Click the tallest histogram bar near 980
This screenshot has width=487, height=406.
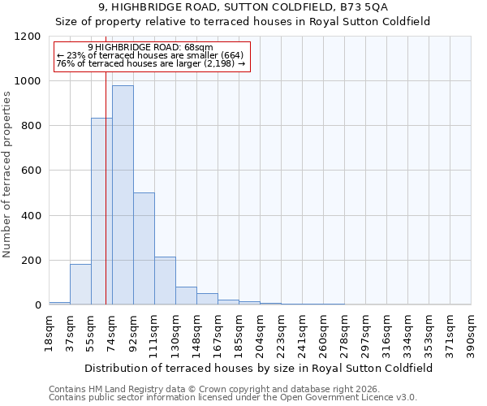(123, 195)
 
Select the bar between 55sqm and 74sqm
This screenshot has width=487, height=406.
(101, 211)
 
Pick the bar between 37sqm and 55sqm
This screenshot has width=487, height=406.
(80, 284)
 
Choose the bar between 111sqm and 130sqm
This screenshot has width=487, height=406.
(165, 281)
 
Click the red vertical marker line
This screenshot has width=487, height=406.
(106, 162)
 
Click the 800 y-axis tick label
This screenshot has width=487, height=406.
(30, 126)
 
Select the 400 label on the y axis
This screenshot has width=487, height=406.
(30, 216)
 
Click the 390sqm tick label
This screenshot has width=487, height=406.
(472, 332)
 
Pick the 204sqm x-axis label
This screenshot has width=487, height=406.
(261, 332)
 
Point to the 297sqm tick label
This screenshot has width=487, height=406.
(366, 332)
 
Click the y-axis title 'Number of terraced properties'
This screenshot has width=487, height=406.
(7, 175)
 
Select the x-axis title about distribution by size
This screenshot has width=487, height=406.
(260, 368)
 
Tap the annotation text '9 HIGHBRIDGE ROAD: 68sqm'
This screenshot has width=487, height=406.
(150, 47)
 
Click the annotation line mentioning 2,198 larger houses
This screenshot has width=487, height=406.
(150, 63)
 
